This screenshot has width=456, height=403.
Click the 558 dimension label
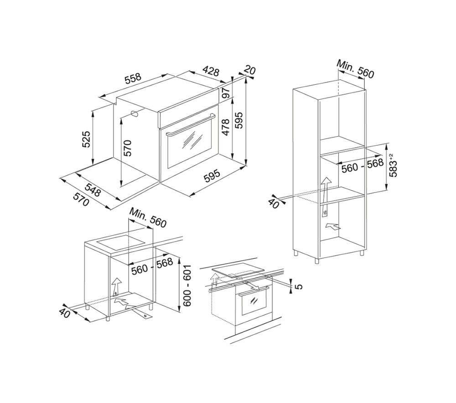[133, 78]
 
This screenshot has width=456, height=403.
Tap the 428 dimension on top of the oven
[211, 71]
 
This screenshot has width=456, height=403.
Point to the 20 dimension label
[250, 71]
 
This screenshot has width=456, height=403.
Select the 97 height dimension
[227, 93]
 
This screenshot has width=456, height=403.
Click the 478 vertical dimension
[226, 127]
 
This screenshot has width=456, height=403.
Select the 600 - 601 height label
[187, 285]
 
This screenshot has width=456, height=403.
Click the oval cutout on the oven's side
[135, 114]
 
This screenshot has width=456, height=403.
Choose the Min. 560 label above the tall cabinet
[355, 69]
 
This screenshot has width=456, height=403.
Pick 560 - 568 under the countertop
[152, 267]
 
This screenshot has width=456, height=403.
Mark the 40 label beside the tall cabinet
[274, 203]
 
